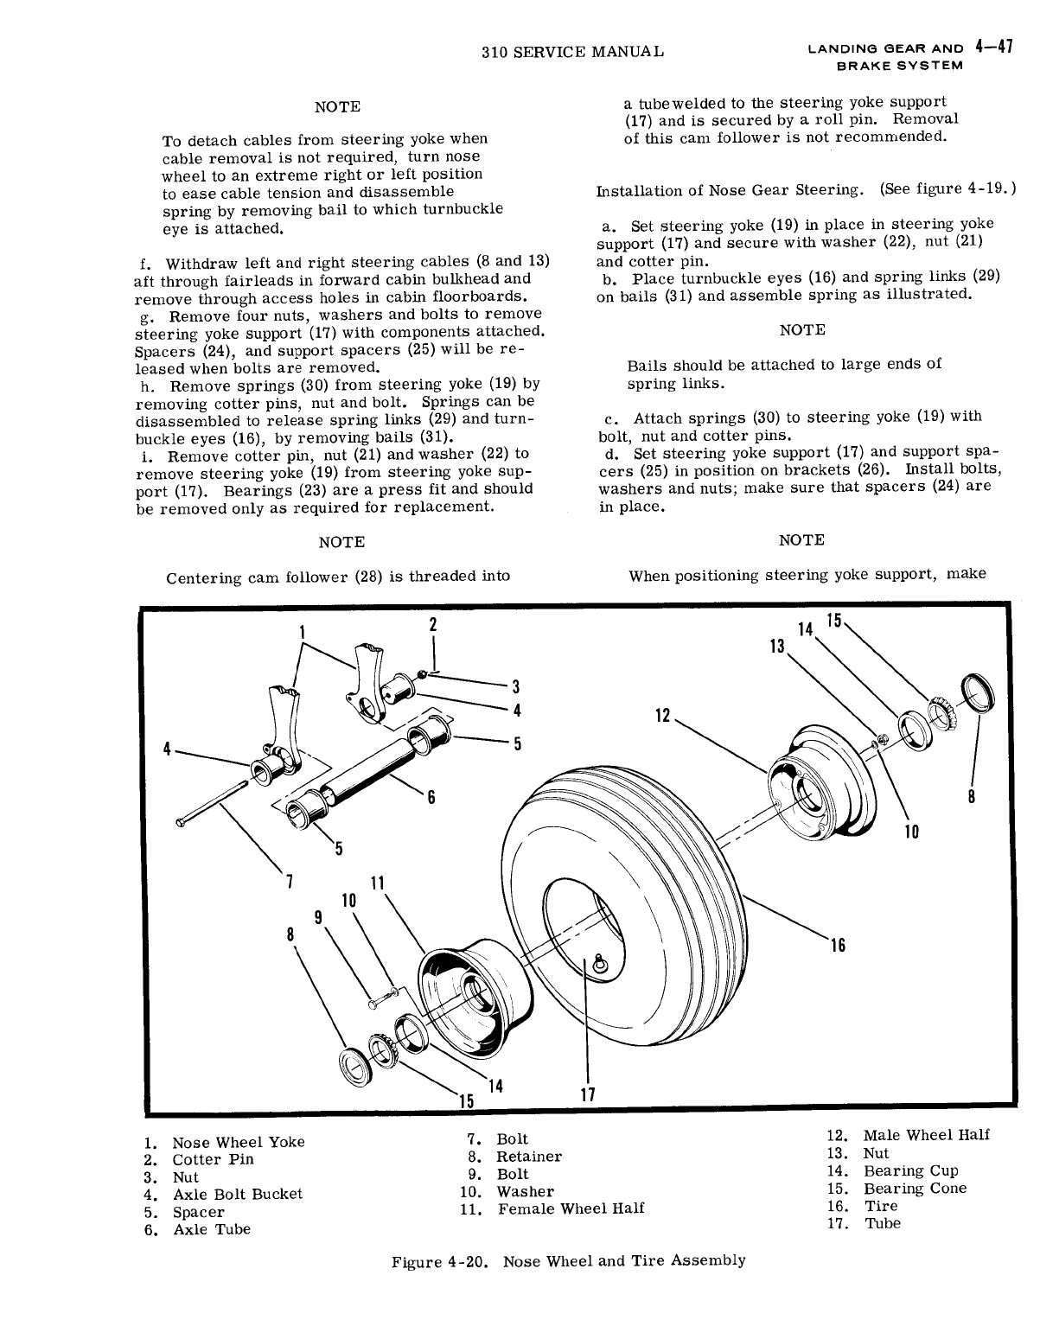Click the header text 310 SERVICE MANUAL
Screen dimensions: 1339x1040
click(572, 52)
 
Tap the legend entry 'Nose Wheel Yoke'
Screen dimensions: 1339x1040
click(238, 1142)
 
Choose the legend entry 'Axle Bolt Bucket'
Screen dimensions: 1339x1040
click(237, 1194)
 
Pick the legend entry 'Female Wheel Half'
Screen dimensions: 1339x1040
click(571, 1208)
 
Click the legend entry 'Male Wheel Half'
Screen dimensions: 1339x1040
click(926, 1135)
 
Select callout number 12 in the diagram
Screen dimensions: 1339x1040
click(663, 716)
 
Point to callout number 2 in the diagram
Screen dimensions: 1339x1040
click(433, 624)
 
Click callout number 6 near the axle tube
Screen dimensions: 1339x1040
click(431, 797)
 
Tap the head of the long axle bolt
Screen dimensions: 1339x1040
click(181, 823)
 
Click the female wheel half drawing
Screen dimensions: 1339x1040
click(467, 994)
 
